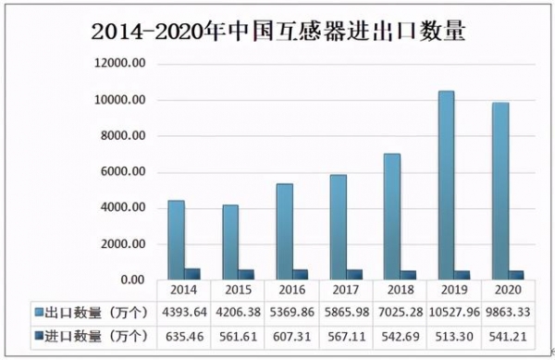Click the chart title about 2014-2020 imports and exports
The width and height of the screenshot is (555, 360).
(278, 31)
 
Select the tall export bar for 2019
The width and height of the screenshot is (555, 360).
(446, 185)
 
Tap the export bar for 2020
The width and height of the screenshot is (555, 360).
(499, 191)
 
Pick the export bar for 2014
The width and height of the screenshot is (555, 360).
(176, 240)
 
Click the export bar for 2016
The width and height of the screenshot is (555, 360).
(284, 231)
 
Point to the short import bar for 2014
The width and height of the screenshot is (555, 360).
(192, 274)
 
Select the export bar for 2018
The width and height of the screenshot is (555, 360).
(392, 217)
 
